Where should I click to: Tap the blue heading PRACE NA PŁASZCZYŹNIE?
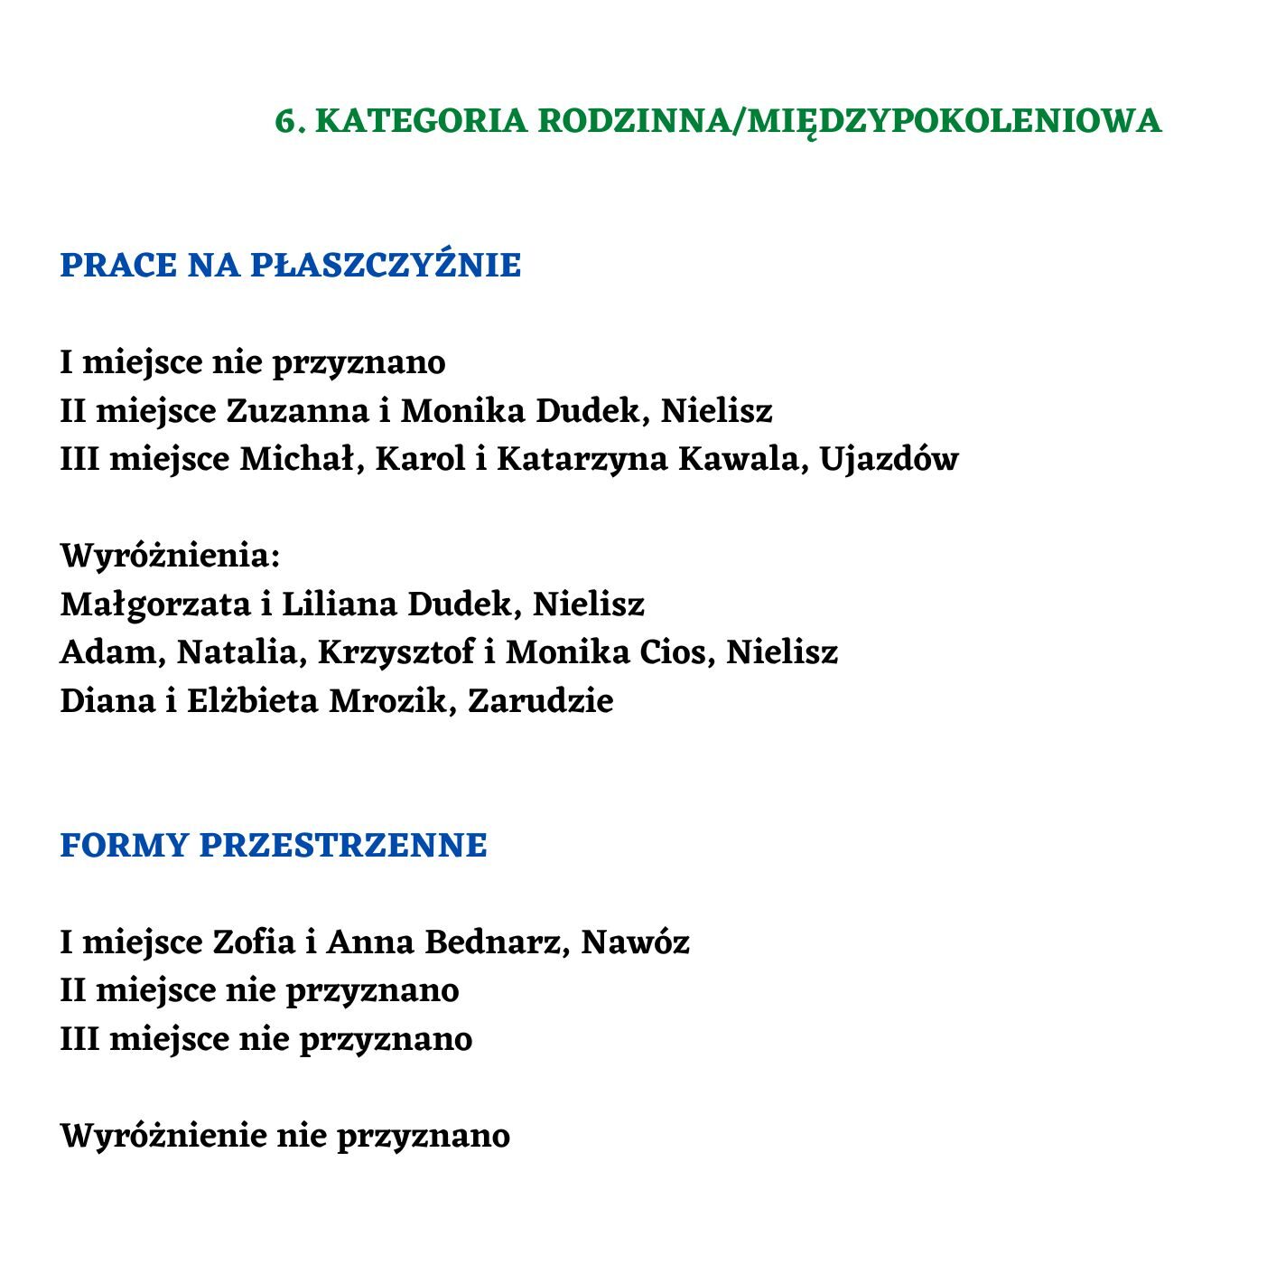coord(290,266)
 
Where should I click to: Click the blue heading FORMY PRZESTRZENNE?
coord(273,846)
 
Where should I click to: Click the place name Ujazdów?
coord(889,459)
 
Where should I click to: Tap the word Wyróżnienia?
coord(170,556)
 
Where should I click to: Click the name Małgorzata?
coord(154,604)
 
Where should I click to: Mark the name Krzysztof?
coord(396,652)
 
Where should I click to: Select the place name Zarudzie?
coord(540,701)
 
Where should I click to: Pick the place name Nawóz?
coord(635,942)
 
